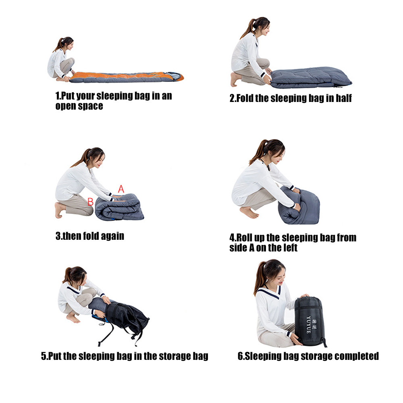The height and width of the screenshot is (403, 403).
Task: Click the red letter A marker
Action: pos(121,189)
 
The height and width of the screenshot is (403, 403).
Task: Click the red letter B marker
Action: pos(90,202)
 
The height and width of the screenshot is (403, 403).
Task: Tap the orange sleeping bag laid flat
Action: pos(127,77)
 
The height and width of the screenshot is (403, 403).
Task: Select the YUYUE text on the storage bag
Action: pos(309,324)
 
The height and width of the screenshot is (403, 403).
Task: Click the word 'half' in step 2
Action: pos(344,98)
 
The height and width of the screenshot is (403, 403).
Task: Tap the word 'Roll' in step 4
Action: pos(244,238)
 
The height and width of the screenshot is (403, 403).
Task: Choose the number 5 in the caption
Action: pos(44,356)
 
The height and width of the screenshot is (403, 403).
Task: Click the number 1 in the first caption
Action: pos(57,96)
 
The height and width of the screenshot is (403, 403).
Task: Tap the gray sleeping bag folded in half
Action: pos(310,77)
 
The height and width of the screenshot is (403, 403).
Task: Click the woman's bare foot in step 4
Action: pos(249,212)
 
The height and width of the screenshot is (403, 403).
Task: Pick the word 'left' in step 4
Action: pos(291,248)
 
